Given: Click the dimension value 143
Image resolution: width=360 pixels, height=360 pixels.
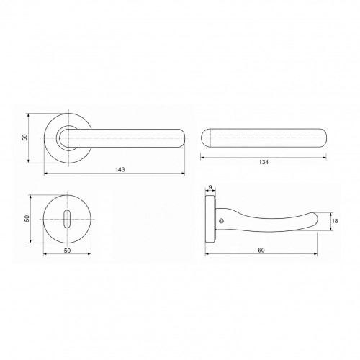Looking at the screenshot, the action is pos(120,169).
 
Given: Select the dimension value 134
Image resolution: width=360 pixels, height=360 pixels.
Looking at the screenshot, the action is pos(264,162).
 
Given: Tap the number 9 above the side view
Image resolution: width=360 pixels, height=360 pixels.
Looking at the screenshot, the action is pos(210,187).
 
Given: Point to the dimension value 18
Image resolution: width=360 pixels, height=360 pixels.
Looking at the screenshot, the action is pos(335,221).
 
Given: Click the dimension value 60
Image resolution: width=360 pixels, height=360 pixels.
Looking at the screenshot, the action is pos(261,250).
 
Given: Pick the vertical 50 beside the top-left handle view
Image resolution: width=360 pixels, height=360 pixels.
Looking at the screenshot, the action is pos(25,138).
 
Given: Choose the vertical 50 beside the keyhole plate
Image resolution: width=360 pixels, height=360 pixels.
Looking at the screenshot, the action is pos(27,218).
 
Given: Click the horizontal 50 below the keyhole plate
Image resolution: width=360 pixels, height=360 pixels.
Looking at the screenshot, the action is pos(67,251).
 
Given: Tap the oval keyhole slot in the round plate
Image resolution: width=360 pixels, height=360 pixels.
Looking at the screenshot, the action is pos(67,219).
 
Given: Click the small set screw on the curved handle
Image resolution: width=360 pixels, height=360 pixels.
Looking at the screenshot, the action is pos(221,221).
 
